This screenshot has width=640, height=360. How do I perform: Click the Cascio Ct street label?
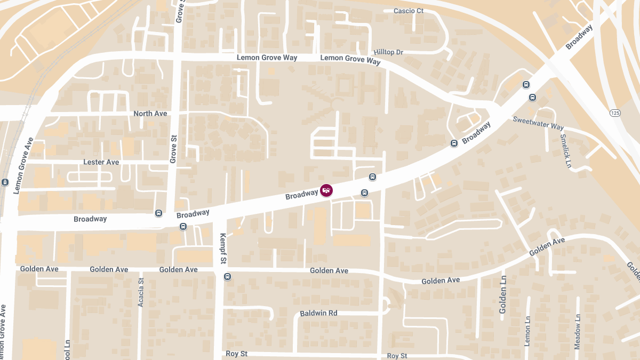click(x=408, y=11)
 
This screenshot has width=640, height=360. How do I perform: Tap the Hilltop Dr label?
click(x=388, y=52)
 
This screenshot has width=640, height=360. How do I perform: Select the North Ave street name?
click(x=150, y=114)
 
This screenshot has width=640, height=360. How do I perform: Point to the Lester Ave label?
click(x=101, y=162)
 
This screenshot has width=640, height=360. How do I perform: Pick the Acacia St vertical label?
click(x=141, y=292)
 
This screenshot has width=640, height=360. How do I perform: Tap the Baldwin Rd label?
click(x=318, y=313)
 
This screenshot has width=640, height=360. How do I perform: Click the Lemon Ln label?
click(x=527, y=331)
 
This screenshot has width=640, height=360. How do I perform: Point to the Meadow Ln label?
click(x=577, y=332)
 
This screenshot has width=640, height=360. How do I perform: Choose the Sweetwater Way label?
click(x=538, y=123)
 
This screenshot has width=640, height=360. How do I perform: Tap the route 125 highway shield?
click(x=615, y=113)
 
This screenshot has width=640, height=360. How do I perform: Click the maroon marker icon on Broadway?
click(x=326, y=190)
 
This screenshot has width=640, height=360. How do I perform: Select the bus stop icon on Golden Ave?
click(x=228, y=276)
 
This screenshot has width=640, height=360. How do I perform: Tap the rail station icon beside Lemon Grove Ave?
click(x=5, y=182)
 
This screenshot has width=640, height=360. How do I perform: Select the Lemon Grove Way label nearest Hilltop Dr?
click(x=350, y=59)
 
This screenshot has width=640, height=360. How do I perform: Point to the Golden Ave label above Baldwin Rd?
click(x=329, y=271)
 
